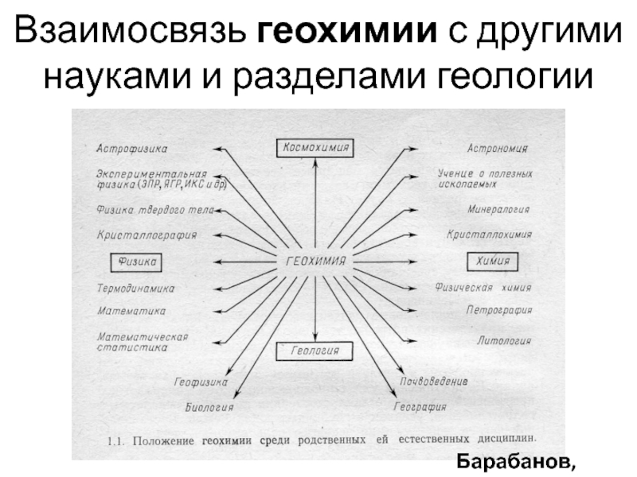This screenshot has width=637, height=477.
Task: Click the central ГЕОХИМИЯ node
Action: pyautogui.click(x=315, y=260)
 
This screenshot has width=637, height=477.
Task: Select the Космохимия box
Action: pyautogui.click(x=315, y=147)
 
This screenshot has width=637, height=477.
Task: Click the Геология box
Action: pyautogui.click(x=315, y=351)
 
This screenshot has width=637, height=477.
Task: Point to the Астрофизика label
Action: pyautogui.click(x=132, y=149)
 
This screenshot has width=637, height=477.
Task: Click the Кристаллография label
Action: pyautogui.click(x=147, y=235)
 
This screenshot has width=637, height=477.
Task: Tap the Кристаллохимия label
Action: pyautogui.click(x=489, y=235)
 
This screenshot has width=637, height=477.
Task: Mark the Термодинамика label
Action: pyautogui.click(x=136, y=288)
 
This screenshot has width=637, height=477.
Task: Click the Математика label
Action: pyautogui.click(x=131, y=311)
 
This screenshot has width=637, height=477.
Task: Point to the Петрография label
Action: pyautogui.click(x=499, y=311)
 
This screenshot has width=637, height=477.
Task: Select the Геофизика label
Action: pyautogui.click(x=201, y=382)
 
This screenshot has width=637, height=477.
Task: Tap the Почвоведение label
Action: pyautogui.click(x=434, y=382)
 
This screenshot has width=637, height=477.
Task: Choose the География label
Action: pyautogui.click(x=420, y=408)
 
